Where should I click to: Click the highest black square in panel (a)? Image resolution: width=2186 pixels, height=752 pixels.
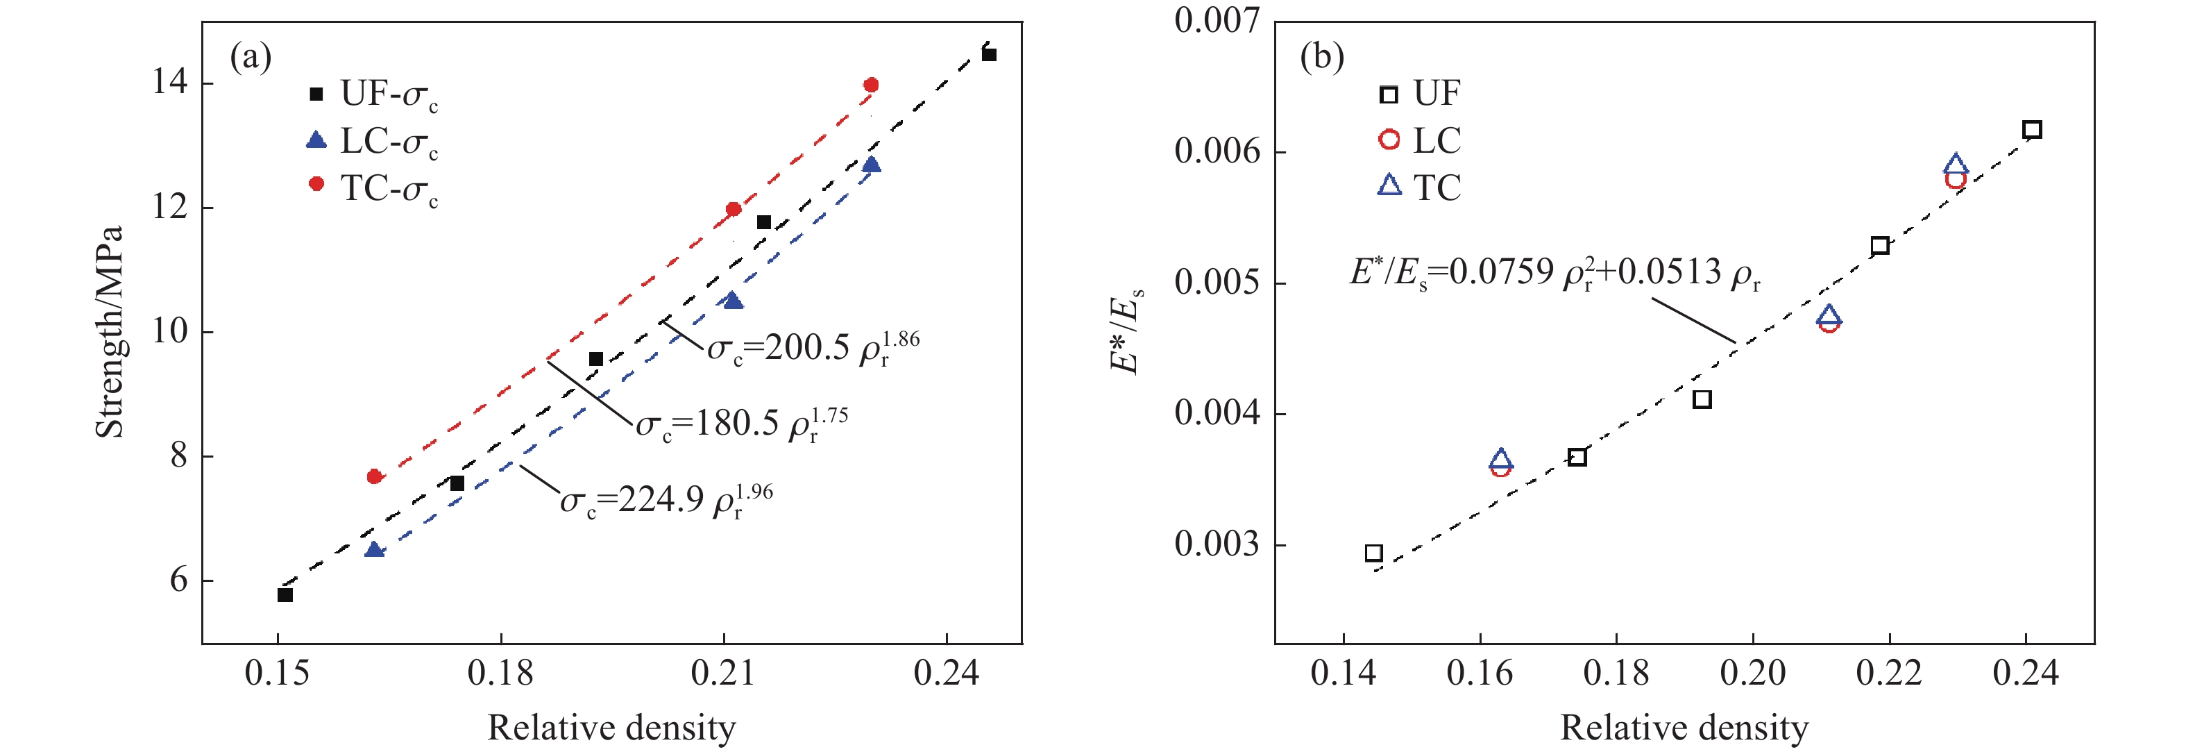coord(989,54)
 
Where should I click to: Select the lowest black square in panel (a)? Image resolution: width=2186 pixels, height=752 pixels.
coord(285,595)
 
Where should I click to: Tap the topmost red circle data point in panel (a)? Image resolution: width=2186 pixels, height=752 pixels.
coord(871,85)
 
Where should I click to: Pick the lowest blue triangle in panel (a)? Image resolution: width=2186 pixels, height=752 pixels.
coord(374,550)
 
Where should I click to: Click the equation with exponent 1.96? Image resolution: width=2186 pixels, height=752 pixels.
coord(666,501)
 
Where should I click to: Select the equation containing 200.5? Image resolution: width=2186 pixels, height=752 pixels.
coord(813,347)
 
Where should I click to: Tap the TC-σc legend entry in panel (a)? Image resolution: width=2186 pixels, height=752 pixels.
coord(373,188)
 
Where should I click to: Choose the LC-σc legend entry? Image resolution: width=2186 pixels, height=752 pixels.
coord(373,142)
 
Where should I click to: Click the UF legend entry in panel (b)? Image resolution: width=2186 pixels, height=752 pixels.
coord(1420,93)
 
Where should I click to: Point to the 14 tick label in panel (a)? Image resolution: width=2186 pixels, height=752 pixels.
coord(170,83)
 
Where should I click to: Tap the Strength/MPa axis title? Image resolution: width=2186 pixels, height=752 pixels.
coord(110,332)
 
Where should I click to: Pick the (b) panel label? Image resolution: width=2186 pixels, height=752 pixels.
coord(1321,58)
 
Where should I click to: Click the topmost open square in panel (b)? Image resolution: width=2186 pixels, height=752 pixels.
coord(2031,130)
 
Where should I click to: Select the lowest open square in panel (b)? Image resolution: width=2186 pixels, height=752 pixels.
coord(1374,553)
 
